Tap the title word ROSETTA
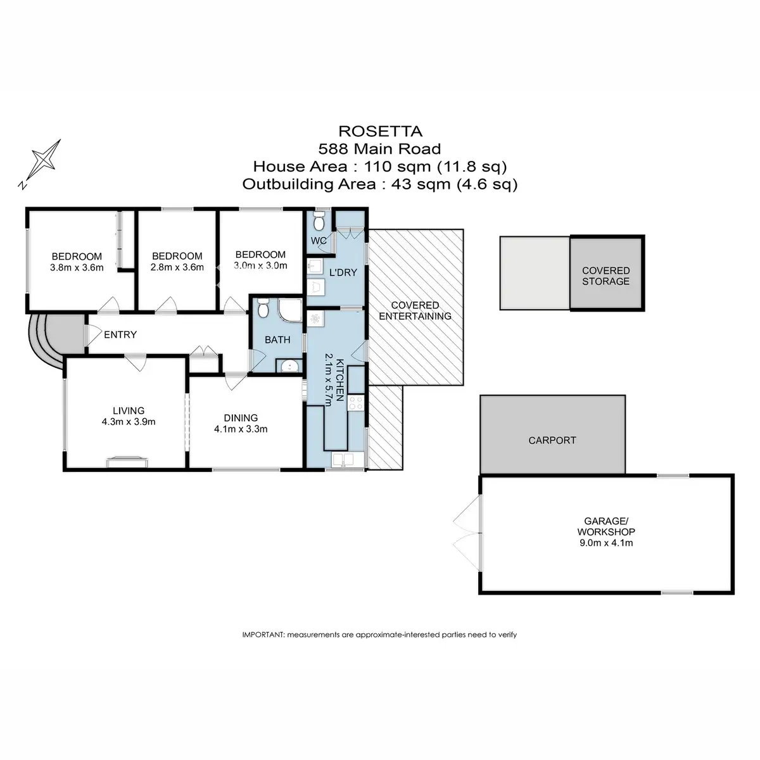pos(381,132)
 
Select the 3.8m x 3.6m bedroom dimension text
pos(76,267)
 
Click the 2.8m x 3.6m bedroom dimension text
pos(177,267)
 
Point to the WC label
pos(319,241)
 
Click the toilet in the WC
pos(319,222)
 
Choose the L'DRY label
pos(344,272)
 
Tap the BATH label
pos(277,339)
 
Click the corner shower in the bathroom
pos(289,310)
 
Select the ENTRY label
pos(120,334)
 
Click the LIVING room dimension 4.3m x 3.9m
pos(129,421)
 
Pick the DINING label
pos(241,418)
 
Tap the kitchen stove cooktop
pos(356,403)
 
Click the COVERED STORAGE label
pos(606,276)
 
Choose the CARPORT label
pos(552,440)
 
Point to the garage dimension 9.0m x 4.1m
pos(606,543)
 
